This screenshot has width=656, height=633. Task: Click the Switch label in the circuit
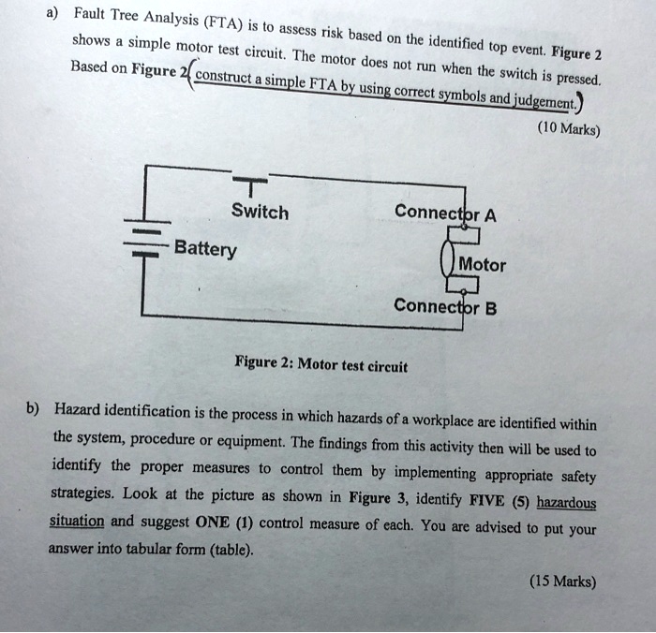pos(260,213)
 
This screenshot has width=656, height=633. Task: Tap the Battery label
pos(205,250)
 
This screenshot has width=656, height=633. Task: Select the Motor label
pos(482,265)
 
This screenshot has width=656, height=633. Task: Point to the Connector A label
pos(445,212)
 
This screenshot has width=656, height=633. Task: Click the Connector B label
pos(444,306)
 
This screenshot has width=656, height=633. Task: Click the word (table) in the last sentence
pos(229,552)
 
